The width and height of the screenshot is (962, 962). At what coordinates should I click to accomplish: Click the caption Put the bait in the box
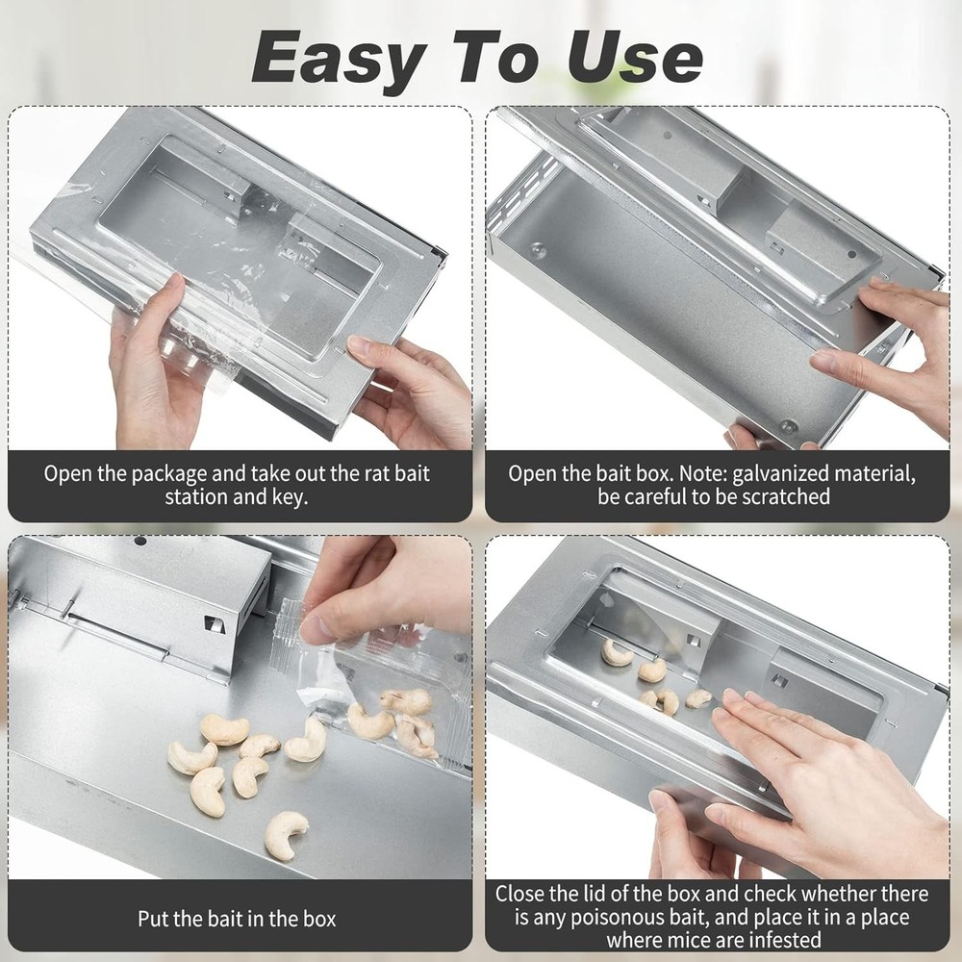coord(237,918)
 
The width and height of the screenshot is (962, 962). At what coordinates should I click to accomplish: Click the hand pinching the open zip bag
coord(375,587)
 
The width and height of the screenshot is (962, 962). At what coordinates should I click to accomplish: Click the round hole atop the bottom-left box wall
coord(140,542)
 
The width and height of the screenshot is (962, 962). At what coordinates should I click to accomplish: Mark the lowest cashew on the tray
coord(286,834)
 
